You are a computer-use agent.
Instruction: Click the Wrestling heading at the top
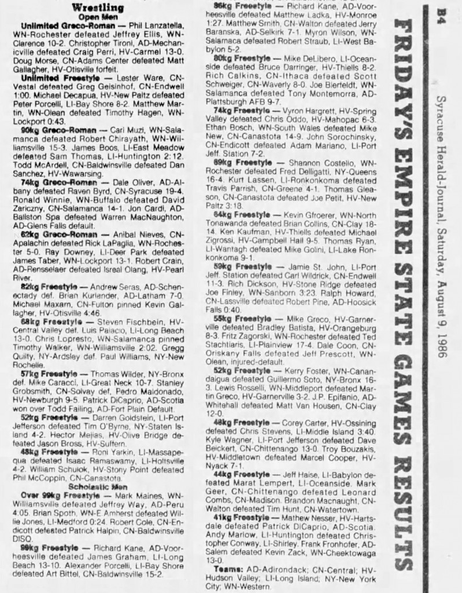pyautogui.click(x=98, y=8)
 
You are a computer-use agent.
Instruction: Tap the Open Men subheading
pyautogui.click(x=99, y=17)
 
